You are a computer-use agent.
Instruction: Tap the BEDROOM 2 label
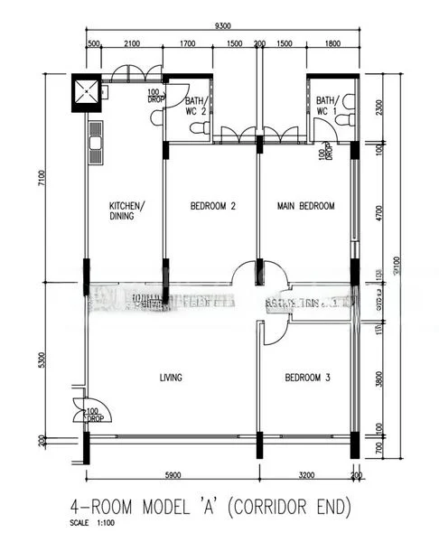(212, 207)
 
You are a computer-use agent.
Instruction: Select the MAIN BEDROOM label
(305, 207)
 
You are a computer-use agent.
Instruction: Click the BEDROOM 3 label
(307, 378)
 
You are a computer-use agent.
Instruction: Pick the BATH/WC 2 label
(197, 106)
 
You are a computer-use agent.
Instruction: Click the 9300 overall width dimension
(219, 27)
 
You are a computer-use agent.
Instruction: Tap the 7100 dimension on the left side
(41, 181)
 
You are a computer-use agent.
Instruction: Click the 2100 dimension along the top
(131, 44)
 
